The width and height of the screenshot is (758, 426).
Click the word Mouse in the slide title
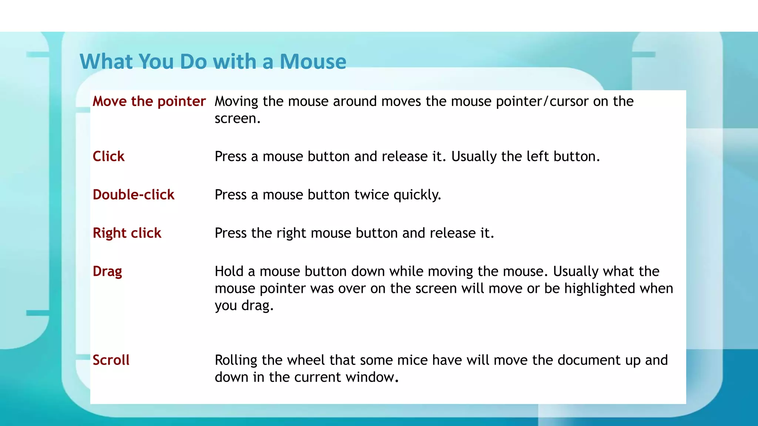tap(313, 61)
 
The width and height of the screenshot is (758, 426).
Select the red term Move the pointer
tap(149, 101)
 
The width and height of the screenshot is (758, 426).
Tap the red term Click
tap(108, 156)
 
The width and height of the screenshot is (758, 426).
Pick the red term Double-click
tap(133, 195)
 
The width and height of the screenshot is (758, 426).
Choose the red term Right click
tap(127, 233)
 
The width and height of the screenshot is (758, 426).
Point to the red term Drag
tap(107, 272)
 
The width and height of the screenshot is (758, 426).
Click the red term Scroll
tap(111, 360)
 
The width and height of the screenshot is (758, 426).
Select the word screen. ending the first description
tap(238, 119)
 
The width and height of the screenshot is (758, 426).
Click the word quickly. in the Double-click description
tap(417, 195)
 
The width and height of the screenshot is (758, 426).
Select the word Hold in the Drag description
tap(229, 271)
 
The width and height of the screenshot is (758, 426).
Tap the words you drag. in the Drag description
tap(244, 306)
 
